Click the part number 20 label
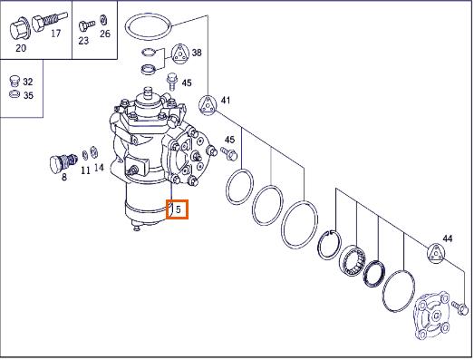pos(21,48)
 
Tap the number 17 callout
pos(56,34)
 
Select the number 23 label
pos(83,41)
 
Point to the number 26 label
pos(105,34)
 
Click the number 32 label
pos(28,82)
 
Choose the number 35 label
pos(28,95)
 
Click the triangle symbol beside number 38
pos(180,54)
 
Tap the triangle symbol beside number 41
pos(208,105)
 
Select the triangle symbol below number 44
pos(436,253)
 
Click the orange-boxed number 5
pos(178,209)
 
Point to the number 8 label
pos(64,177)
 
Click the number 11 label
pos(85,170)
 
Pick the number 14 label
pos(99,168)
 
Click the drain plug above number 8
pos(63,162)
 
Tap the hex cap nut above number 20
pos(19,30)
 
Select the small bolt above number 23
pos(87,25)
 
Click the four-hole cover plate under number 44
pos(432,316)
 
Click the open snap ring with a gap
pos(330,245)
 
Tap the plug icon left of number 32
pos(14,80)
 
